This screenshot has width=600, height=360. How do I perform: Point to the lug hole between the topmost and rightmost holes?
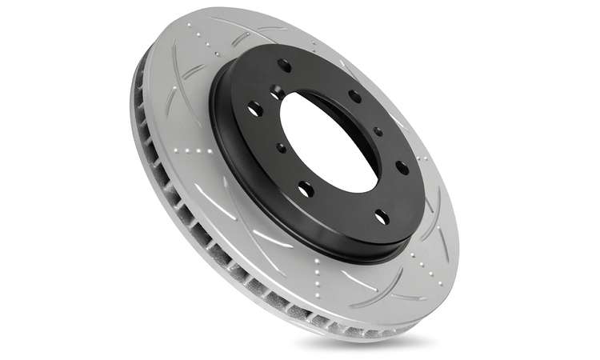(354, 97)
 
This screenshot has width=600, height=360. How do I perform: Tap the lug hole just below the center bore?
(306, 189)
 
